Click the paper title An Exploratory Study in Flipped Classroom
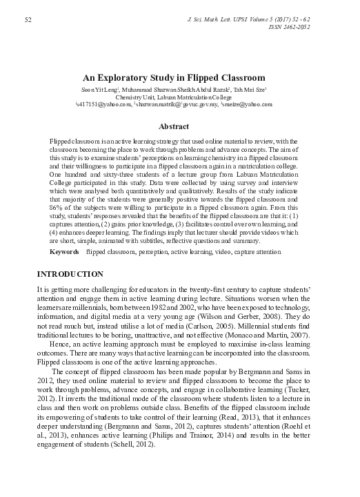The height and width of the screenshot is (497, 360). (x=180, y=77)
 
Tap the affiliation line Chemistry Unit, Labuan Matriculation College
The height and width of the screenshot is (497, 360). (x=180, y=97)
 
